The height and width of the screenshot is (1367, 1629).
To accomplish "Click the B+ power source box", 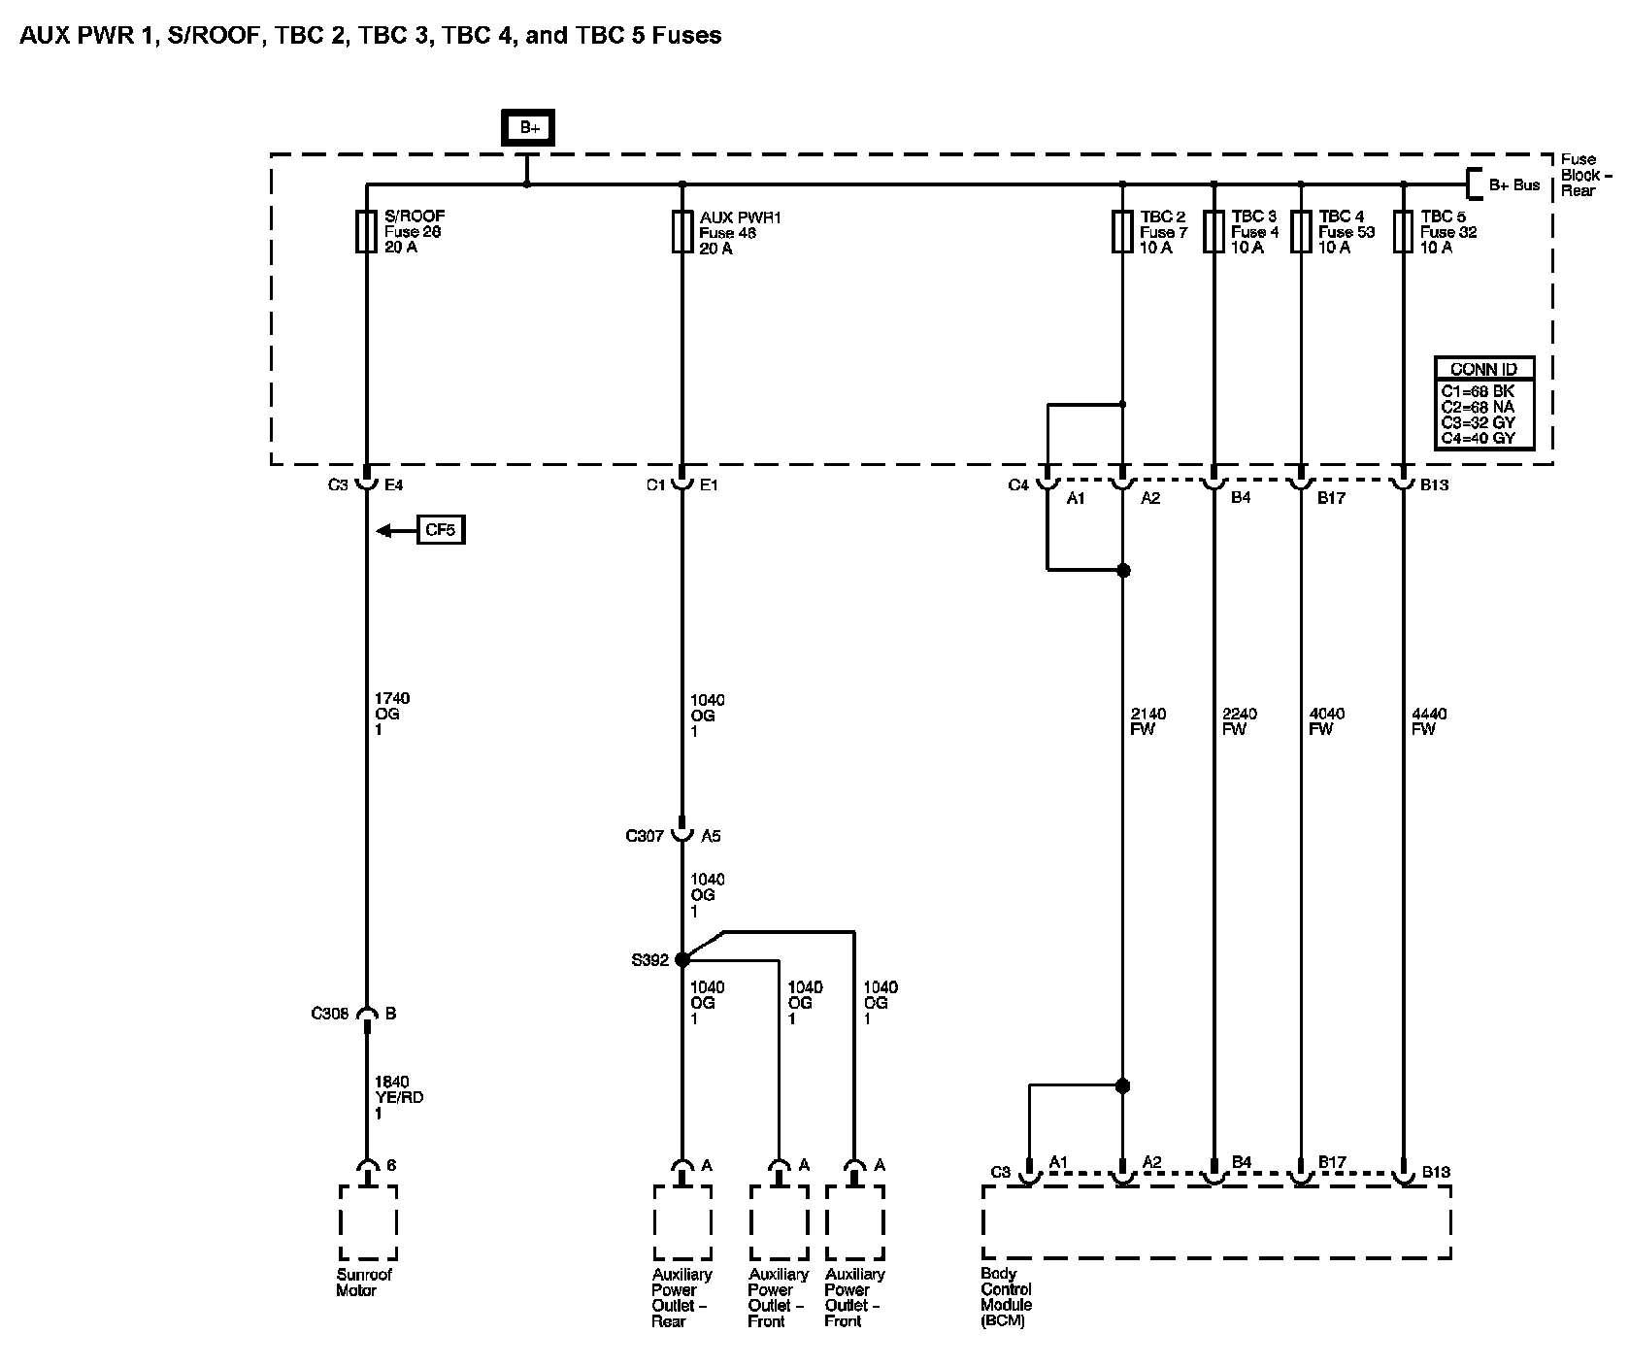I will click(527, 128).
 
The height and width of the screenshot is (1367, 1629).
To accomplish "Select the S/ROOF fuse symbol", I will click(366, 232).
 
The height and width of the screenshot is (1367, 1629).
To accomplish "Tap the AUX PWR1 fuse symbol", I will click(682, 232).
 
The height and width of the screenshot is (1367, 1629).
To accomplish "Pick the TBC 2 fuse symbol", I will click(1122, 232).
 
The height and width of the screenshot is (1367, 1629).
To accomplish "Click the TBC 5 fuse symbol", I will click(1403, 232).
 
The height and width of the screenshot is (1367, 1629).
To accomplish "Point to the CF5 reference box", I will click(441, 530).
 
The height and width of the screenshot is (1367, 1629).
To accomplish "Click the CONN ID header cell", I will click(1484, 369).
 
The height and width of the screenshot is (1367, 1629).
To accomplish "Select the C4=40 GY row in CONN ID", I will click(1484, 439).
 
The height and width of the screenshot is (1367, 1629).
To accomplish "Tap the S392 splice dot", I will click(682, 959).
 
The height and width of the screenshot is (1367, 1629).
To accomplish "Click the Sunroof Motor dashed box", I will click(367, 1221).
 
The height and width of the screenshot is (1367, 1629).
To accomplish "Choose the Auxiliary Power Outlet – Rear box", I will click(682, 1221).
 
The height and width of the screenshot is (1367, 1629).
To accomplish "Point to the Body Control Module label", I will click(1006, 1297).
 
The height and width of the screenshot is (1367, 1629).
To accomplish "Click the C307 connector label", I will click(645, 835).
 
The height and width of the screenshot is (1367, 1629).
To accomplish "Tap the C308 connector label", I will click(330, 1014).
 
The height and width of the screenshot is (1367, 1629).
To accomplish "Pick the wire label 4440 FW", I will click(1429, 721).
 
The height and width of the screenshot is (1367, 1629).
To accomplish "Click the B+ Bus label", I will click(1513, 184).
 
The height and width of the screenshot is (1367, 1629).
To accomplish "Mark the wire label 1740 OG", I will click(391, 714).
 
